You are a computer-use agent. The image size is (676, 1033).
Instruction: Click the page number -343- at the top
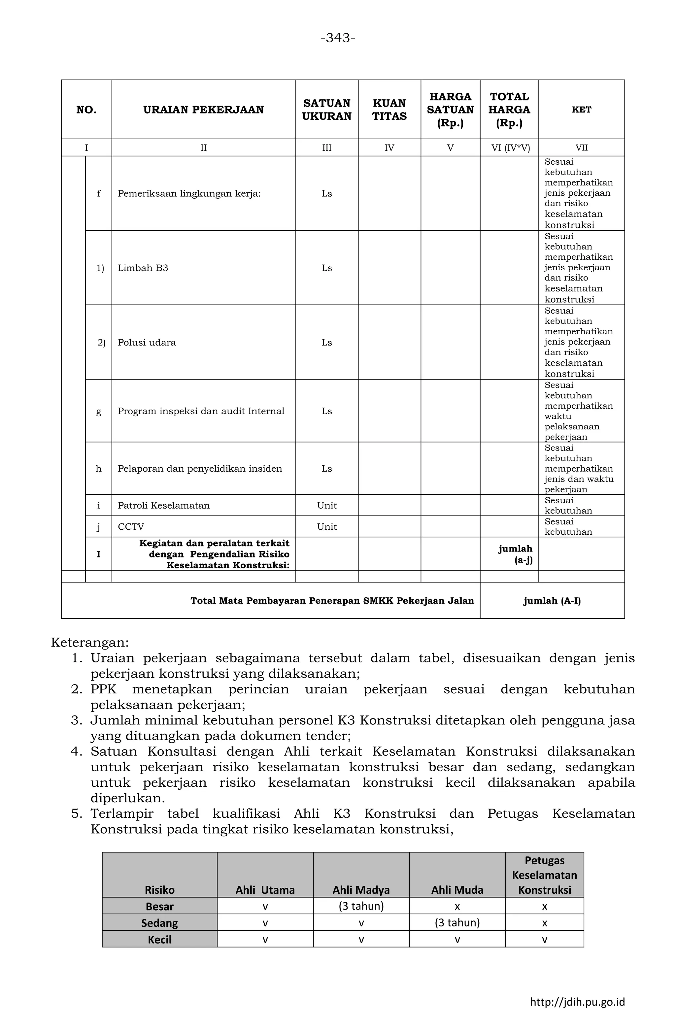338,38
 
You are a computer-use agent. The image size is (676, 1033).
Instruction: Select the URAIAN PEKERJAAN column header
203,110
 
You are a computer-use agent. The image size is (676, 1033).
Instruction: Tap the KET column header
581,110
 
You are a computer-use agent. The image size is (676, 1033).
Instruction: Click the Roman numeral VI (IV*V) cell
510,148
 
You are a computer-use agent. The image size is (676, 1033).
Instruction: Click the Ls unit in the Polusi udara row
326,343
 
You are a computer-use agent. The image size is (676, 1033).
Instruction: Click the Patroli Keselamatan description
164,506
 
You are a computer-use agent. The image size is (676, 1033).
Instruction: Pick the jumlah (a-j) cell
515,554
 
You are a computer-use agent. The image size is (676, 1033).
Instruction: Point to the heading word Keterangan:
90,642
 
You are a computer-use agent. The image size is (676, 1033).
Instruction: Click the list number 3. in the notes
77,721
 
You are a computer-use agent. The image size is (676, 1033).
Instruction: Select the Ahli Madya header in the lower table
361,890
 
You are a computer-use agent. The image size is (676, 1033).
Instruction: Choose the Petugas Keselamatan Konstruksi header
544,876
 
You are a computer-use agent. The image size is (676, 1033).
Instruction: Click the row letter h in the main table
99,469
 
